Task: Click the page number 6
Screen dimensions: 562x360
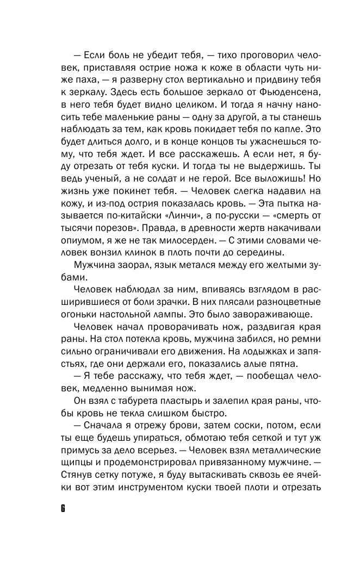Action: (x=63, y=509)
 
